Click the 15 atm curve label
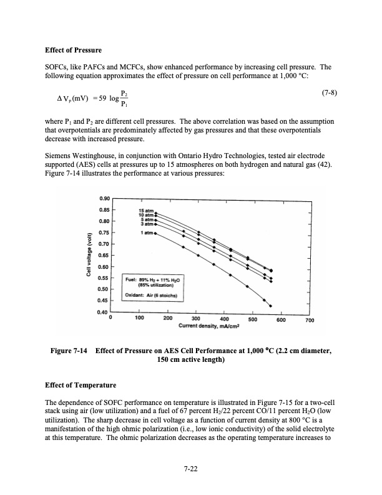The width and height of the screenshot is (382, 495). click(x=145, y=211)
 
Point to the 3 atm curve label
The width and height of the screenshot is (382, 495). click(x=146, y=224)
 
